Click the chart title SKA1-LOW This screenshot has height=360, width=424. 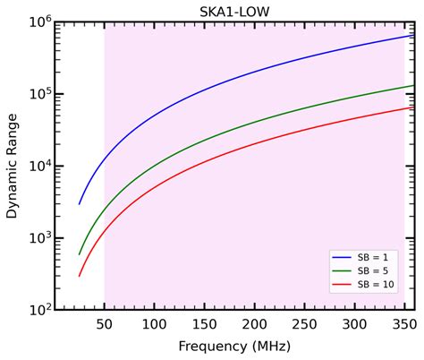coord(234,12)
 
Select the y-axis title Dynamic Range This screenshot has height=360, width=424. coord(13,166)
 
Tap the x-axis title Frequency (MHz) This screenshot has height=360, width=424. coord(234,347)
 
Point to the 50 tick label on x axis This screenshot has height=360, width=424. coord(105,324)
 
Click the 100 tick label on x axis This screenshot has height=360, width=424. coord(154,324)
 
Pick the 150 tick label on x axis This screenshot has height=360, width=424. coord(204,324)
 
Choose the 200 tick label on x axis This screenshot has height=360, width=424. coord(254,324)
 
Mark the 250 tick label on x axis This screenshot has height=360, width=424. coord(304,324)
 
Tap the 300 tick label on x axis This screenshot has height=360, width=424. coord(354,324)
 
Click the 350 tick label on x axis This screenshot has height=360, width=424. coord(404,324)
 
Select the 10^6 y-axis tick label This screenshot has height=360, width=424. coord(40,22)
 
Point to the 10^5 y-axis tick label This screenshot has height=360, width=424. coord(40,94)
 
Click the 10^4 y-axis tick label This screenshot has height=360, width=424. coord(40,166)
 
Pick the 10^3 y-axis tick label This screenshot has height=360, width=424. coord(40,238)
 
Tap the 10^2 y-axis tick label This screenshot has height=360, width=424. coord(40,310)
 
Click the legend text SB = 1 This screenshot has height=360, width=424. coord(373,257)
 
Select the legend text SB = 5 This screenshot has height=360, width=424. coord(373,270)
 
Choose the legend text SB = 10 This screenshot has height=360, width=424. coord(376,285)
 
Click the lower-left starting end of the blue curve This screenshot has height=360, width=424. coord(79,204)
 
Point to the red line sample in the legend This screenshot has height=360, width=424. coord(342,285)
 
